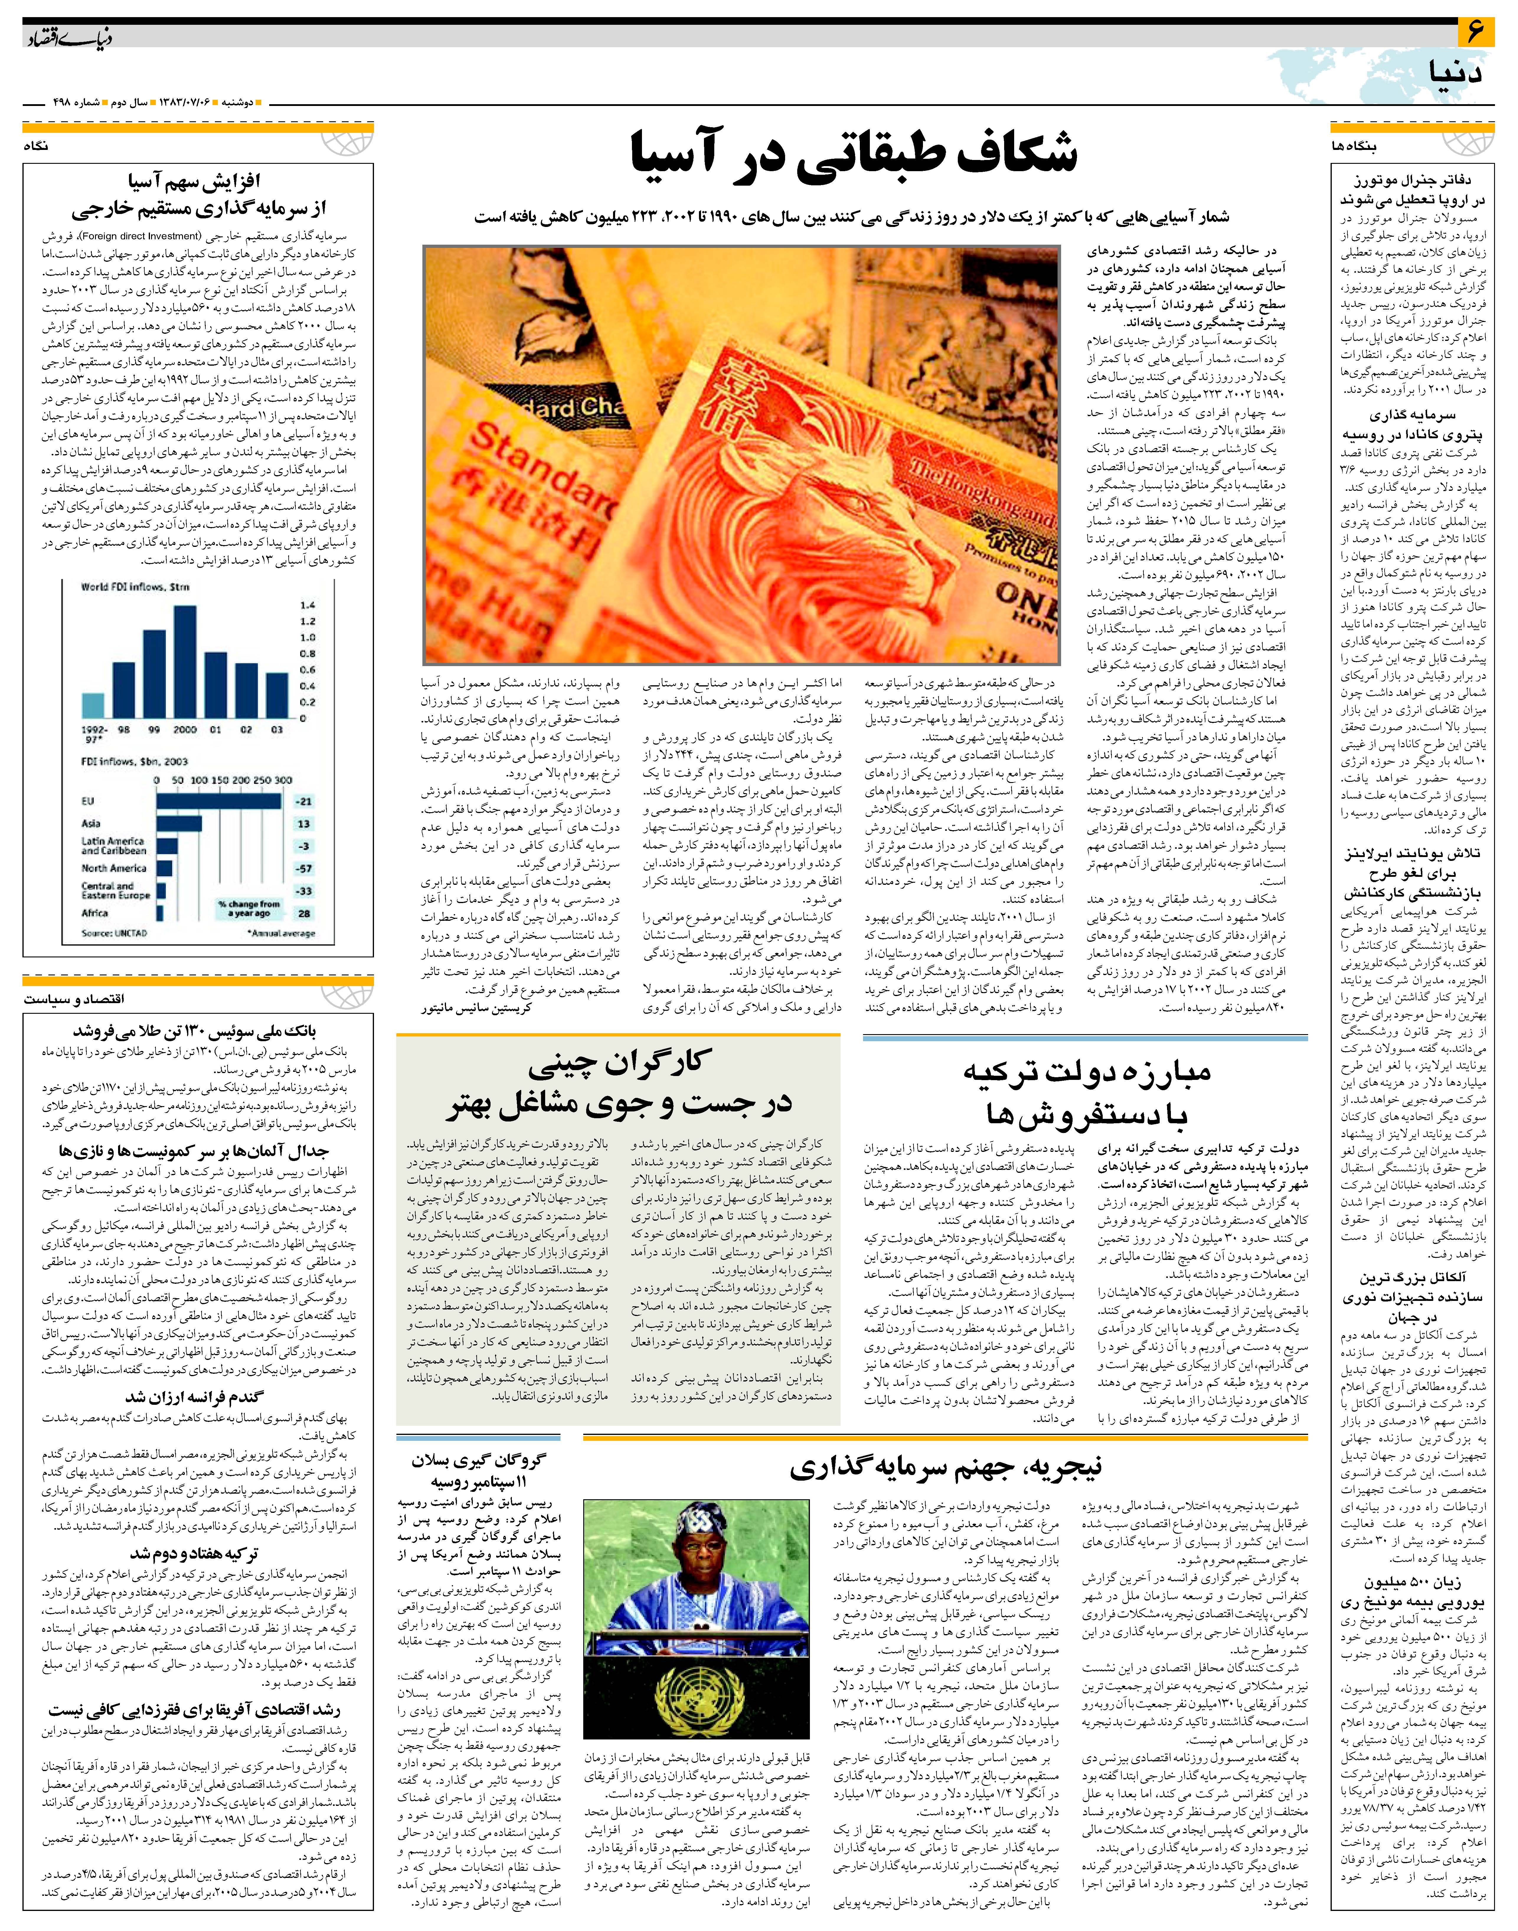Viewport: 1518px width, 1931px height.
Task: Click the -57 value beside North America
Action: point(304,868)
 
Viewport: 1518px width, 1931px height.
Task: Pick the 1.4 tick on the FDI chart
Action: point(308,604)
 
